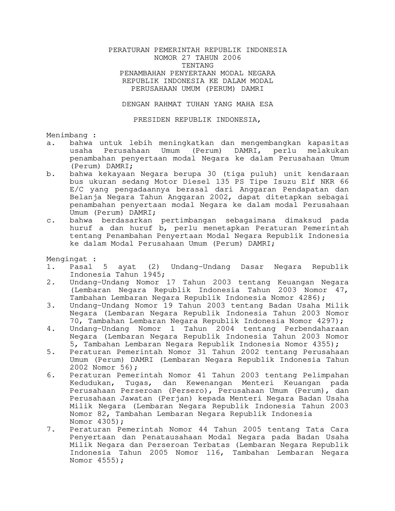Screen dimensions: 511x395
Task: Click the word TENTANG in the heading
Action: [x=197, y=66]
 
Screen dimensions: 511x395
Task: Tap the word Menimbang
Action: [x=67, y=135]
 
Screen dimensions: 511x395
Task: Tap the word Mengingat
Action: [x=67, y=259]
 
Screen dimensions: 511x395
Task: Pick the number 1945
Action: [x=152, y=275]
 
